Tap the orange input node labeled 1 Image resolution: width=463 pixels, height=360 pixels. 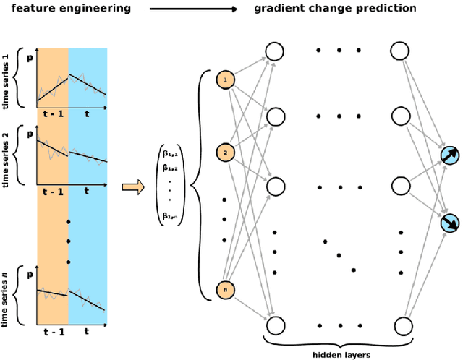tap(225, 80)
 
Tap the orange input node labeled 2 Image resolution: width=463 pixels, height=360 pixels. tap(225, 153)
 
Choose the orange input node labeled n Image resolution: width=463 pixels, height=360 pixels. tap(225, 290)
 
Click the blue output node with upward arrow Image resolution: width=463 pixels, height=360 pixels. tap(450, 157)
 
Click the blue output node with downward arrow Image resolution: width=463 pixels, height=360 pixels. tap(450, 224)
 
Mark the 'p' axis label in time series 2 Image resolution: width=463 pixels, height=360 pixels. tap(30, 133)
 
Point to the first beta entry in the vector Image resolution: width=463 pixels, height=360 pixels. tap(171, 154)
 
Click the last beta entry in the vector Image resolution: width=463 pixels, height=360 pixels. tap(171, 216)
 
